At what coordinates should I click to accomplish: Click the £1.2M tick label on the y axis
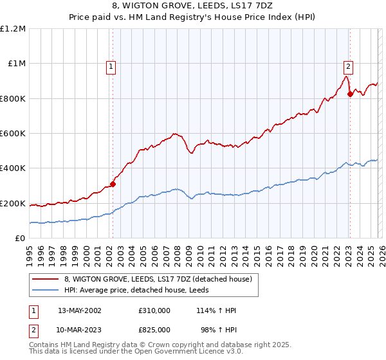[13, 29]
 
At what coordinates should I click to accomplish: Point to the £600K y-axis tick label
[13, 134]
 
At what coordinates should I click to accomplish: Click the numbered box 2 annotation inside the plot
[348, 65]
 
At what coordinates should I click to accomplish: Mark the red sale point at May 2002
[113, 184]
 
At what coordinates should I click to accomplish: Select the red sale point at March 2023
[350, 94]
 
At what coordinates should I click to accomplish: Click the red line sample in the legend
[46, 279]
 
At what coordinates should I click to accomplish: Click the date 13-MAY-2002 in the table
[80, 310]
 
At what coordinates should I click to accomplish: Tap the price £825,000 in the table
[154, 329]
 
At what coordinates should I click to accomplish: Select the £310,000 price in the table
[154, 310]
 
